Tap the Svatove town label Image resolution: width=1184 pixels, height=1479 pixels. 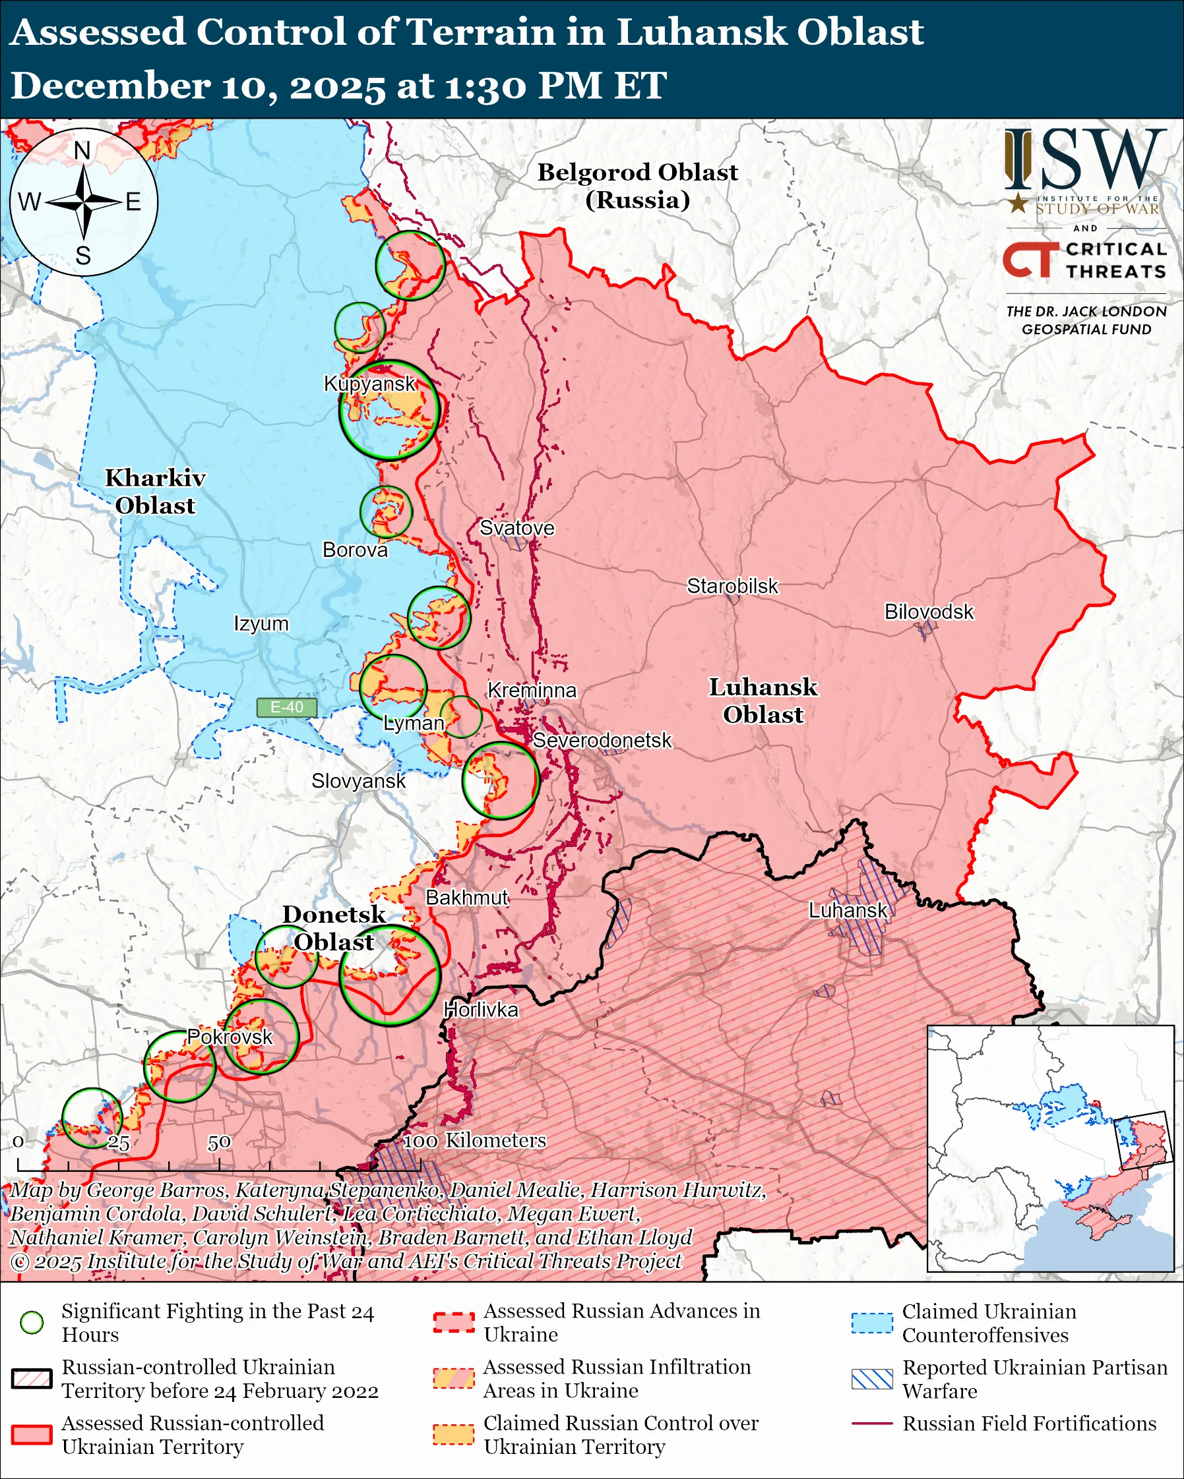(516, 527)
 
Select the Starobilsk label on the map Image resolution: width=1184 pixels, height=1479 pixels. (732, 586)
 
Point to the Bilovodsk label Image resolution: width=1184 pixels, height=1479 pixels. (929, 611)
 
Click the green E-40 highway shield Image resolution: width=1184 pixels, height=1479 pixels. (286, 707)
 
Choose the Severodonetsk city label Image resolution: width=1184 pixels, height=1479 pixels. (602, 740)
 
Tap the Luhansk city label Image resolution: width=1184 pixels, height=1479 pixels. (848, 910)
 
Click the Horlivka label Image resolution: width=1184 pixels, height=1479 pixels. (480, 1010)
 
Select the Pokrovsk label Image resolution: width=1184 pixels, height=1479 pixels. (230, 1037)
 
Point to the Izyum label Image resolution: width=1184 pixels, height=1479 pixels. (261, 623)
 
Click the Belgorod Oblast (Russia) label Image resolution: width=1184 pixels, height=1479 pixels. (637, 186)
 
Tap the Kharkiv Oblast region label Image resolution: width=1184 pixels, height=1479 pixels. (155, 491)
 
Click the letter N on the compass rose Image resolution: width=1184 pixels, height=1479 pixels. (82, 150)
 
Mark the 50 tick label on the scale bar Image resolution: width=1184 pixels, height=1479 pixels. (219, 1143)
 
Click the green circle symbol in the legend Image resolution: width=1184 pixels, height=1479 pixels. (32, 1322)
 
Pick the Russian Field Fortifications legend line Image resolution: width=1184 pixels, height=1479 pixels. (872, 1424)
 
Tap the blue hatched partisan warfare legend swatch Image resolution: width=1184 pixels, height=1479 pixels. (872, 1379)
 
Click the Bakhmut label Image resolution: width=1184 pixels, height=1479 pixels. (467, 897)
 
